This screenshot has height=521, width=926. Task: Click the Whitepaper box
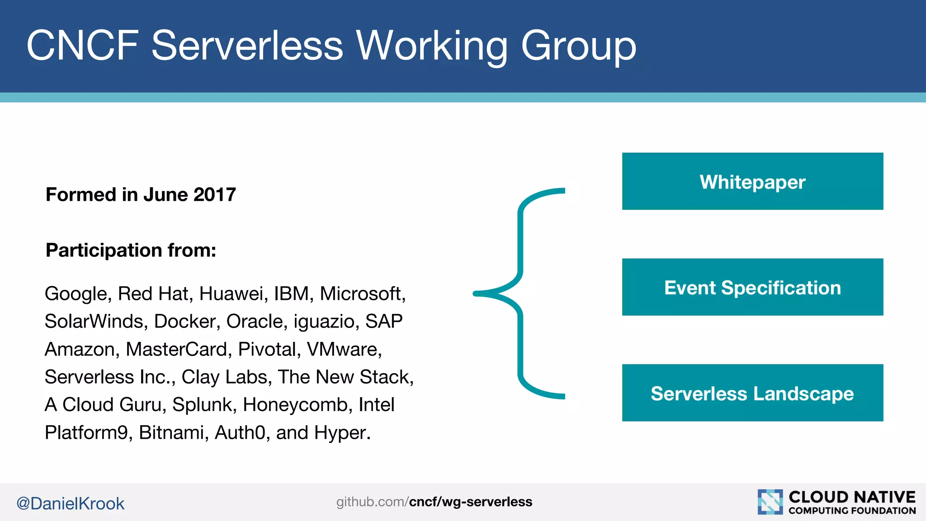pos(752,181)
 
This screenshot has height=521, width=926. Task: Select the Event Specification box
pos(752,287)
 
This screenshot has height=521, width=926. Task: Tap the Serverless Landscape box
pos(752,393)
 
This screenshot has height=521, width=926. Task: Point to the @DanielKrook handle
pos(70,503)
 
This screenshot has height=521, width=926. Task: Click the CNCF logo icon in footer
pos(770,502)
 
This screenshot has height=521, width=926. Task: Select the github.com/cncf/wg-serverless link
pos(434,502)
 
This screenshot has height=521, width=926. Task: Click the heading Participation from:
pos(131,250)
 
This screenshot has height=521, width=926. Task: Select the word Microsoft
pos(361,294)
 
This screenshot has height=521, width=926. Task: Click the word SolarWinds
pos(94,322)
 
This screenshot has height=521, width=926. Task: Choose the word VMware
pos(344,349)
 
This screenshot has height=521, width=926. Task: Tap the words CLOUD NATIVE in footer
pos(852,497)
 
